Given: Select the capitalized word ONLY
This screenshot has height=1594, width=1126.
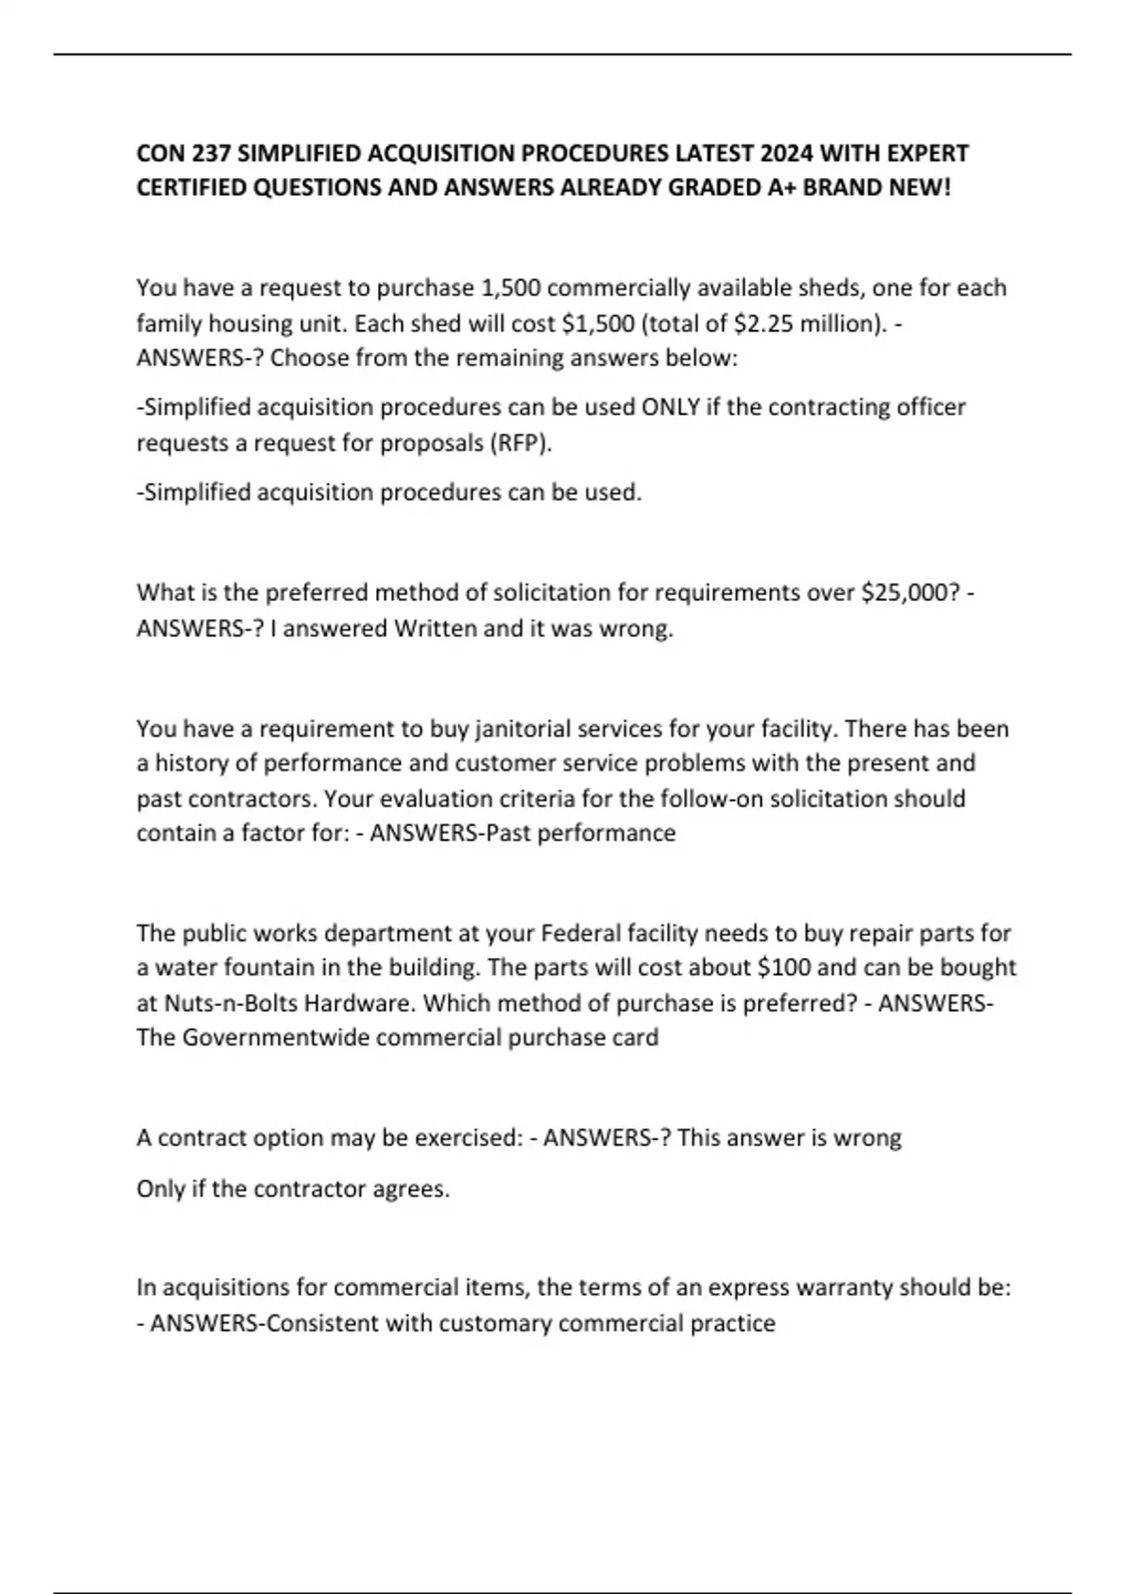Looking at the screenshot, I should click(x=670, y=408).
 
